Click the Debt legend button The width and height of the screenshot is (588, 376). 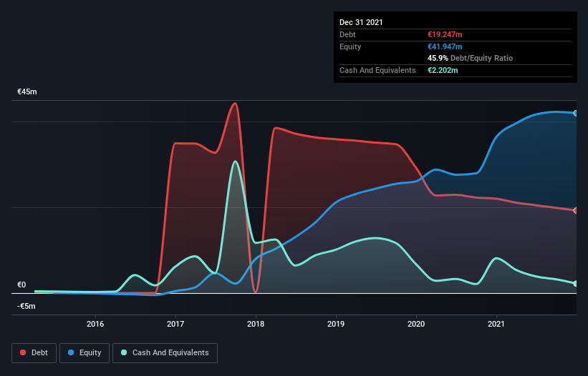(32, 352)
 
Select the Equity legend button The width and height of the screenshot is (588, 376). (85, 352)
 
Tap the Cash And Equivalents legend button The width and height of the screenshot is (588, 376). (165, 352)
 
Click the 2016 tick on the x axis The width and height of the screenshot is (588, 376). (95, 324)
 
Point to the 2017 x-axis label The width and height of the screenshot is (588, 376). (175, 324)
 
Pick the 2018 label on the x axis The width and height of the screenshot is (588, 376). (256, 324)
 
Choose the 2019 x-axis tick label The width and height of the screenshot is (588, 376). (336, 324)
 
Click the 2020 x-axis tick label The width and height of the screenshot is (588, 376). (416, 324)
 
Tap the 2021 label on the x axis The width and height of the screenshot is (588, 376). (496, 324)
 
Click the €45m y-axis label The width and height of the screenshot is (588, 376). (27, 92)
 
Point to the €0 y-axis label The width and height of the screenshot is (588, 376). (21, 285)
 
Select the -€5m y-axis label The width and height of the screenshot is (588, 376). (26, 306)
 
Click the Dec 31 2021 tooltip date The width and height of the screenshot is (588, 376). (361, 22)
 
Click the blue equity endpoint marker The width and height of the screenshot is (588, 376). (576, 113)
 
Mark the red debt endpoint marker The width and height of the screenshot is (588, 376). (576, 210)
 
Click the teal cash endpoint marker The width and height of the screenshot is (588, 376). (576, 284)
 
